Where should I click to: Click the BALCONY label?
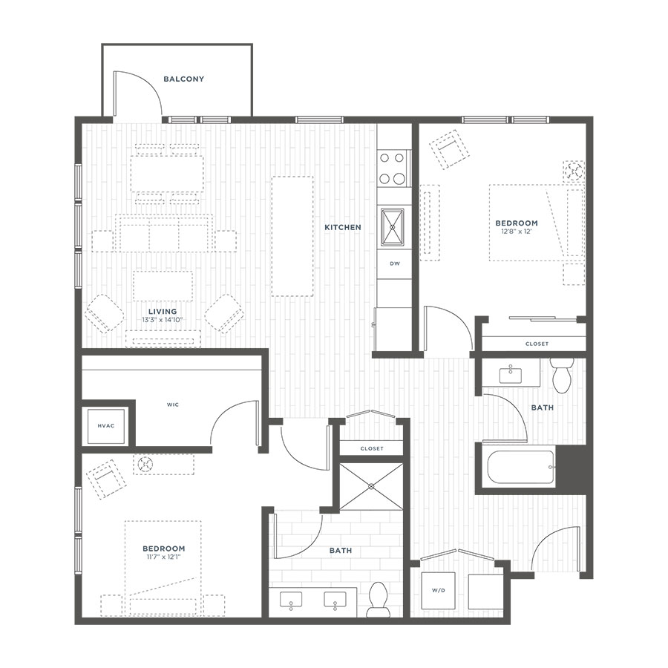coord(183,79)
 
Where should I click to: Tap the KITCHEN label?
coord(342,228)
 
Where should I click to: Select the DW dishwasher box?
coord(395,264)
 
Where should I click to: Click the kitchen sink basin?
coord(393,227)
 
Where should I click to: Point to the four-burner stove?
coord(393,168)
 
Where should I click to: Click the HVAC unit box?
coord(106,426)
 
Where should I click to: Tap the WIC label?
coord(173,405)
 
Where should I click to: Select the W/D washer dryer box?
coord(438,591)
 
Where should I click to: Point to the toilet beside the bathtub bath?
coord(562,375)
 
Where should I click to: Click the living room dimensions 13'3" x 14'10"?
coord(163,319)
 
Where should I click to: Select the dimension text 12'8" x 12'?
coord(517,232)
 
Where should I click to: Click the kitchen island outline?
coord(292,237)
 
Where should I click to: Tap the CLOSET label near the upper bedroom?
coord(537,344)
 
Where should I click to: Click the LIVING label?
coord(163,312)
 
